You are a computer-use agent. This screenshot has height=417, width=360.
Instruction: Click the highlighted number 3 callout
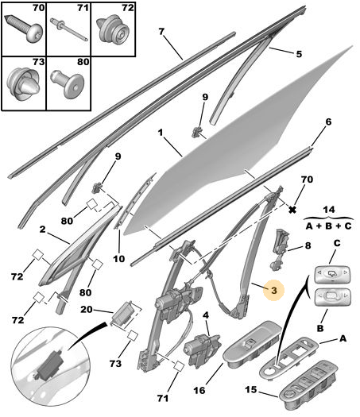pyautogui.click(x=274, y=290)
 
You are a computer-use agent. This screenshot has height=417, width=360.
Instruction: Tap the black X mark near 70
pyautogui.click(x=292, y=210)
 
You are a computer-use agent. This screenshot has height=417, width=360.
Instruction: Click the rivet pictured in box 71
pyautogui.click(x=68, y=29)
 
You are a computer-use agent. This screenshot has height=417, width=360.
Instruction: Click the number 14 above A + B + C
pyautogui.click(x=329, y=210)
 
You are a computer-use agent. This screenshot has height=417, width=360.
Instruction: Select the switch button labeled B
pyautogui.click(x=332, y=298)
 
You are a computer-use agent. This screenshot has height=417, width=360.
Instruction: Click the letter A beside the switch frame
pyautogui.click(x=343, y=338)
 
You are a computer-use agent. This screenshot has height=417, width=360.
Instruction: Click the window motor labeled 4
pyautogui.click(x=202, y=350)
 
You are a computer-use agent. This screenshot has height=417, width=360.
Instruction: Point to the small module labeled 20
pyautogui.click(x=125, y=313)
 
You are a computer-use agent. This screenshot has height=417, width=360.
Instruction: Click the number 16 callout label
pyautogui.click(x=199, y=391)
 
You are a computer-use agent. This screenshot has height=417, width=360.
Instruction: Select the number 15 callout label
pyautogui.click(x=250, y=390)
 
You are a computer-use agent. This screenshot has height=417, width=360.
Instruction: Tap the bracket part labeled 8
pyautogui.click(x=281, y=249)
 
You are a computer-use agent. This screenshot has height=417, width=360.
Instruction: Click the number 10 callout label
pyautogui.click(x=118, y=258)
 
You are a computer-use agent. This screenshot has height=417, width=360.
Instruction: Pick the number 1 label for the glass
pyautogui.click(x=160, y=133)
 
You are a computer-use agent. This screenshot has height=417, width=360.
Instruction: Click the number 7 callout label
pyautogui.click(x=161, y=32)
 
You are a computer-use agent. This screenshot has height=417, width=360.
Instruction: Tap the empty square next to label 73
pyautogui.click(x=132, y=336)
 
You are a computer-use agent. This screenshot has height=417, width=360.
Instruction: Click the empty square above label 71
pyautogui.click(x=179, y=366)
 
